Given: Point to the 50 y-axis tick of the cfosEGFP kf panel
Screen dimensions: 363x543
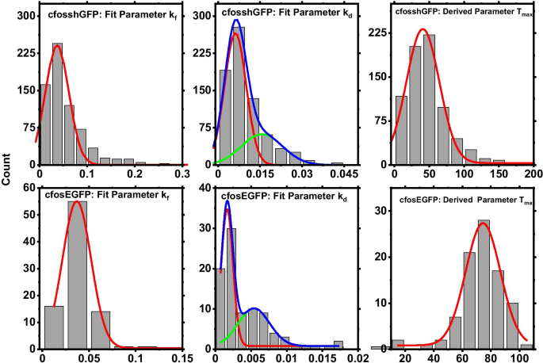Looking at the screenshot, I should click(27, 214).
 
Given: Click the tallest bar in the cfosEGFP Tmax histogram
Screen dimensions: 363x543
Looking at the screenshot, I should click(484, 285).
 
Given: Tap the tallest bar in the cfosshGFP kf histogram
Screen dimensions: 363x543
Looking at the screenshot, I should click(57, 103).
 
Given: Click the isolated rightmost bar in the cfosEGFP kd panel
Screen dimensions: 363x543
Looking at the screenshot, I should click(338, 345).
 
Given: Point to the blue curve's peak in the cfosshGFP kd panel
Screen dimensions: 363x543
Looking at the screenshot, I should click(235, 21).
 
